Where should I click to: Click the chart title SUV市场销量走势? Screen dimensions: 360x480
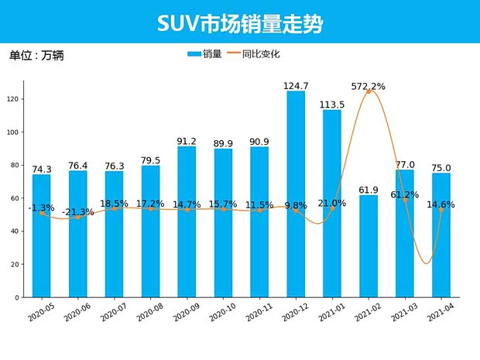coord(240,24)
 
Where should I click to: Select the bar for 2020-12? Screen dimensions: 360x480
coord(296,194)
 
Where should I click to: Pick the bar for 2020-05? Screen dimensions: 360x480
coord(42,235)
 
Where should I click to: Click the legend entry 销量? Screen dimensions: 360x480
coord(204,54)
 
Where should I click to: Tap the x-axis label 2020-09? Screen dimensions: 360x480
coord(187,312)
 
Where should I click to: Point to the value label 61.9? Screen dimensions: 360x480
coord(369,190)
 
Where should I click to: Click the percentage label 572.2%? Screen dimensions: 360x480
coord(369,86)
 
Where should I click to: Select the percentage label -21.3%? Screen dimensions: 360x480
coord(77,211)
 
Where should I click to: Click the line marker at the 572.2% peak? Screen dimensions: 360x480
coord(369,91)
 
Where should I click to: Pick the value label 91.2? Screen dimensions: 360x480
coord(187,141)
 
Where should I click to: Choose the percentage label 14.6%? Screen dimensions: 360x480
coord(439,204)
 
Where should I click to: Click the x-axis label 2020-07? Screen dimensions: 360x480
coord(114,312)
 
